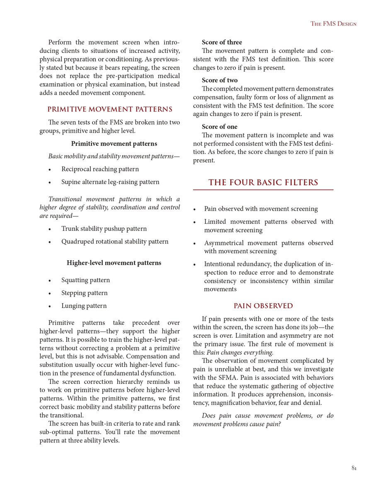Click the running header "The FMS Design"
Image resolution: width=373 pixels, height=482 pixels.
click(333, 24)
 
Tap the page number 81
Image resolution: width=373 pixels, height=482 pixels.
click(354, 468)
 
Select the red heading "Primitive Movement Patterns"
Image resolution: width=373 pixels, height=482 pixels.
click(110, 110)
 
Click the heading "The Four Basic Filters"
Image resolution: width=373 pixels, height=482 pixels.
click(263, 182)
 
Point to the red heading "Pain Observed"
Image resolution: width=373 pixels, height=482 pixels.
click(263, 306)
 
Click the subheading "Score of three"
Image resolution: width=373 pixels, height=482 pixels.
click(222, 42)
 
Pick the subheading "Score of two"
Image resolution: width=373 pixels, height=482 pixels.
click(220, 80)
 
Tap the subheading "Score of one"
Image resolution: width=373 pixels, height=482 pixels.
click(220, 127)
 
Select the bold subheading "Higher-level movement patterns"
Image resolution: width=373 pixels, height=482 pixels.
click(114, 263)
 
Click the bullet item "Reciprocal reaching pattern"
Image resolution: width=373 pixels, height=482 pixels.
click(100, 169)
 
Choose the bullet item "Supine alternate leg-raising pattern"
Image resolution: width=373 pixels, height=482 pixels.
click(110, 182)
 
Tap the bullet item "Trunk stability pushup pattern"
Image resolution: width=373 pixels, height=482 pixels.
click(104, 229)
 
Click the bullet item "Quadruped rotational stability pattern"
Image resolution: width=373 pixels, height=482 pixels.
click(115, 242)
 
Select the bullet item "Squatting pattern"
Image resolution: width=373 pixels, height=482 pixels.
click(85, 280)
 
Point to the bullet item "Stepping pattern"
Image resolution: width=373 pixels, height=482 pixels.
click(84, 293)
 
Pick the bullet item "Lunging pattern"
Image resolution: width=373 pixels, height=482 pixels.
click(84, 306)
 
